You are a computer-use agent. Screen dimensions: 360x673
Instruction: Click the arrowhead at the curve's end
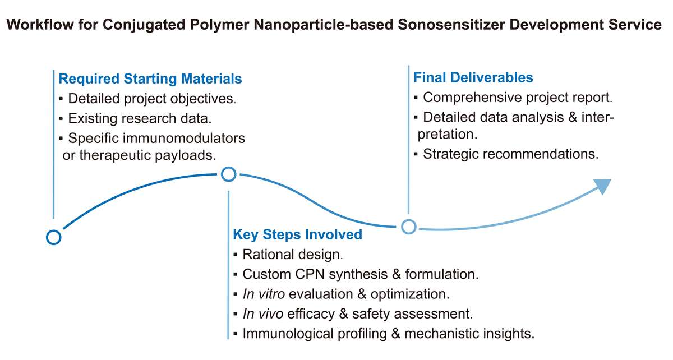[x=602, y=186]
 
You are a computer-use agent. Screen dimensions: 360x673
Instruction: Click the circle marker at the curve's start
[x=53, y=237]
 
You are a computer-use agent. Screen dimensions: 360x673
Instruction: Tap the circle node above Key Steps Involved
[x=229, y=174]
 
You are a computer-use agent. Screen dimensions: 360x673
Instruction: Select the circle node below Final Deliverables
[x=409, y=227]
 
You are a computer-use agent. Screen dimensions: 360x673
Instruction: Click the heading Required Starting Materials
[x=150, y=79]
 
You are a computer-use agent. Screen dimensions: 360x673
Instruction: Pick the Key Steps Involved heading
[x=297, y=234]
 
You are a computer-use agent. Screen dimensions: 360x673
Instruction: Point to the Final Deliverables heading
[x=473, y=77]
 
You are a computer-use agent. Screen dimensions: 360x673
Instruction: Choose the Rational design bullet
[x=292, y=255]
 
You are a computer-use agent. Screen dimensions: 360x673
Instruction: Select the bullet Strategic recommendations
[x=510, y=154]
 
